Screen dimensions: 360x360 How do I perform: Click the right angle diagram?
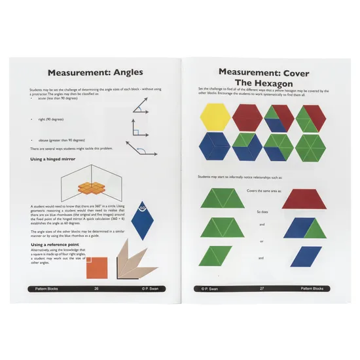pyautogui.click(x=141, y=128)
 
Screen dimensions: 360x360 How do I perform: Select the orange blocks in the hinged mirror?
pyautogui.click(x=92, y=188)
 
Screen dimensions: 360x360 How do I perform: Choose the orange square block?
pyautogui.click(x=97, y=266)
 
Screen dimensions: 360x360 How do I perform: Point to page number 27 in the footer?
pyautogui.click(x=262, y=289)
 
